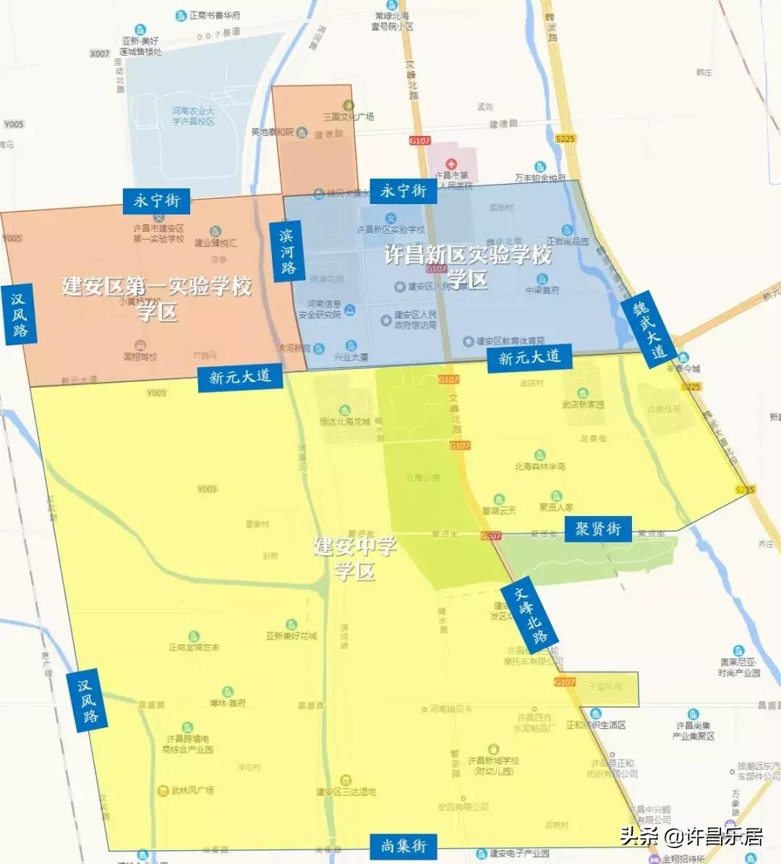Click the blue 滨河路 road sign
(x=287, y=251)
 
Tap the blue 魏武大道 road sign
(x=648, y=330)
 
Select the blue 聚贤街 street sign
(x=598, y=529)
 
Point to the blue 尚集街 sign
(x=404, y=845)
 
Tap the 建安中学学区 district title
(x=355, y=558)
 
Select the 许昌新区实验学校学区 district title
(x=468, y=266)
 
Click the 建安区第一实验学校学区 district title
(x=157, y=297)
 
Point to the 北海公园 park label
(x=422, y=478)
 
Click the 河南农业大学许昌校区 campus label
(x=193, y=116)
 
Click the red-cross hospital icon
(x=451, y=164)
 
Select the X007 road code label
(x=100, y=54)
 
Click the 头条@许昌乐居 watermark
(x=691, y=837)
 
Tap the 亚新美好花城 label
(x=291, y=635)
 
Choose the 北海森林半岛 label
(x=539, y=467)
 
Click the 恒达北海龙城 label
(x=345, y=420)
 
